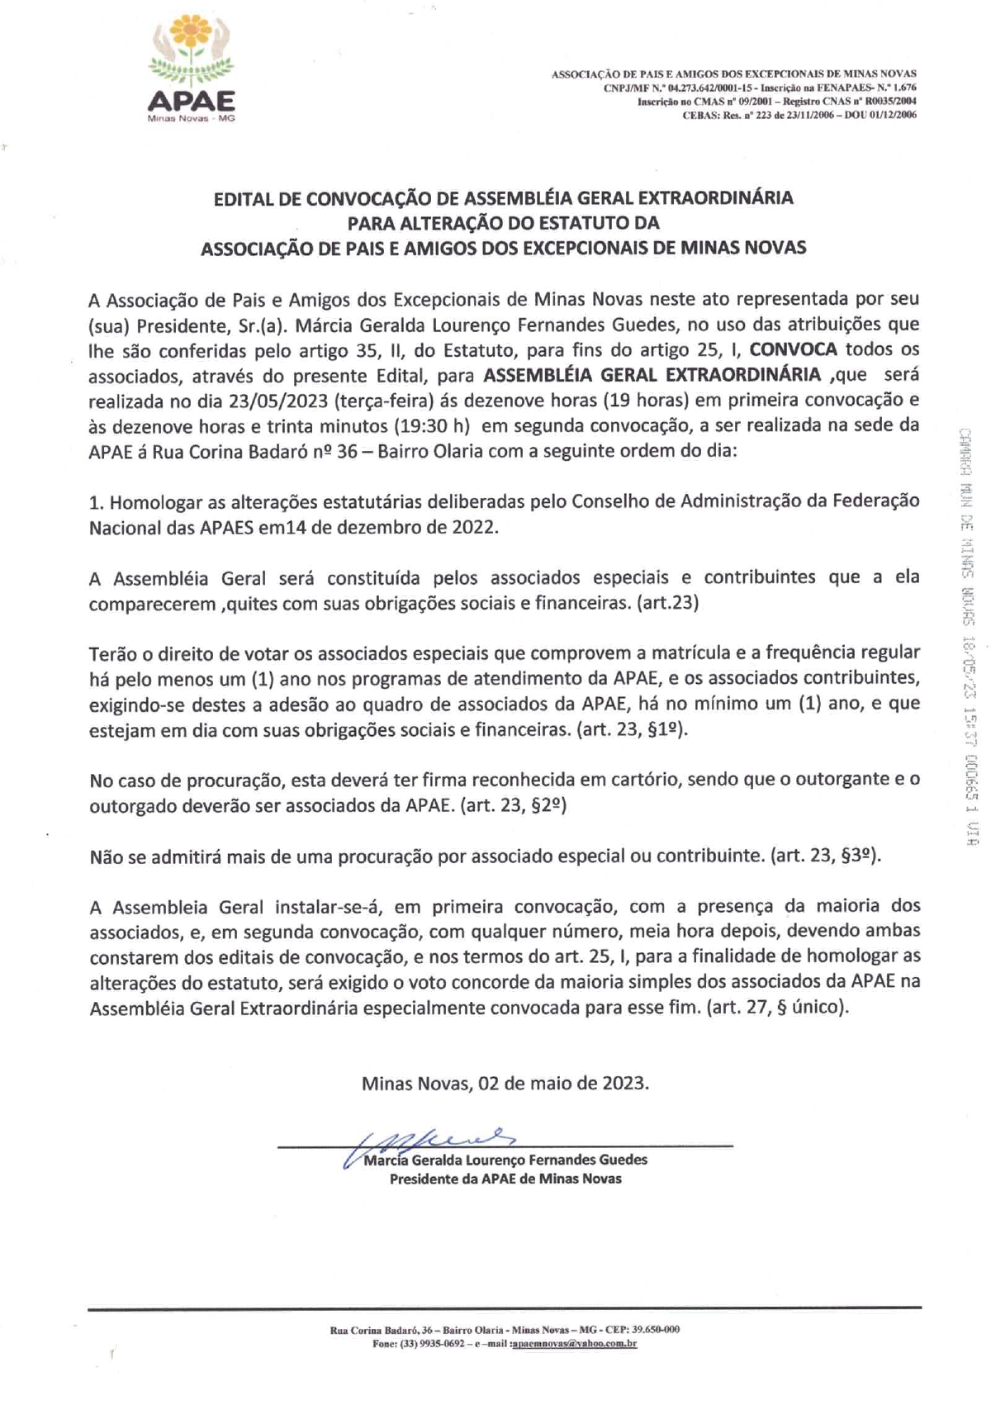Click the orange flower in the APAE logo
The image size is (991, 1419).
[x=190, y=37]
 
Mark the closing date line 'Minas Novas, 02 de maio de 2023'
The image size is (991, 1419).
[x=505, y=1083]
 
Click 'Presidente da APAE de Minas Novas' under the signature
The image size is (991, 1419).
[x=505, y=1179]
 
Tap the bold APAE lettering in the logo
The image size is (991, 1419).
[x=191, y=101]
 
